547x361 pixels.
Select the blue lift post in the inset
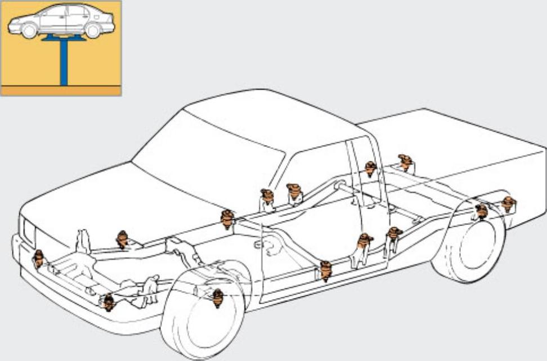click(64, 62)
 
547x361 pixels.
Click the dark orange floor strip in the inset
click(61, 91)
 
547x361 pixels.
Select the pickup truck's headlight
click(26, 230)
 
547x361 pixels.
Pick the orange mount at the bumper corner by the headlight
click(38, 258)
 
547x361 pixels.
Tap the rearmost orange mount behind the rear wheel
click(508, 204)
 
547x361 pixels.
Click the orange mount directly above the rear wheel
click(481, 211)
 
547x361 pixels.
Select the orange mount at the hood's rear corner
click(227, 219)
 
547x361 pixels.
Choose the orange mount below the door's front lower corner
click(326, 270)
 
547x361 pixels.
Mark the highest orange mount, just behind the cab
click(405, 162)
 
